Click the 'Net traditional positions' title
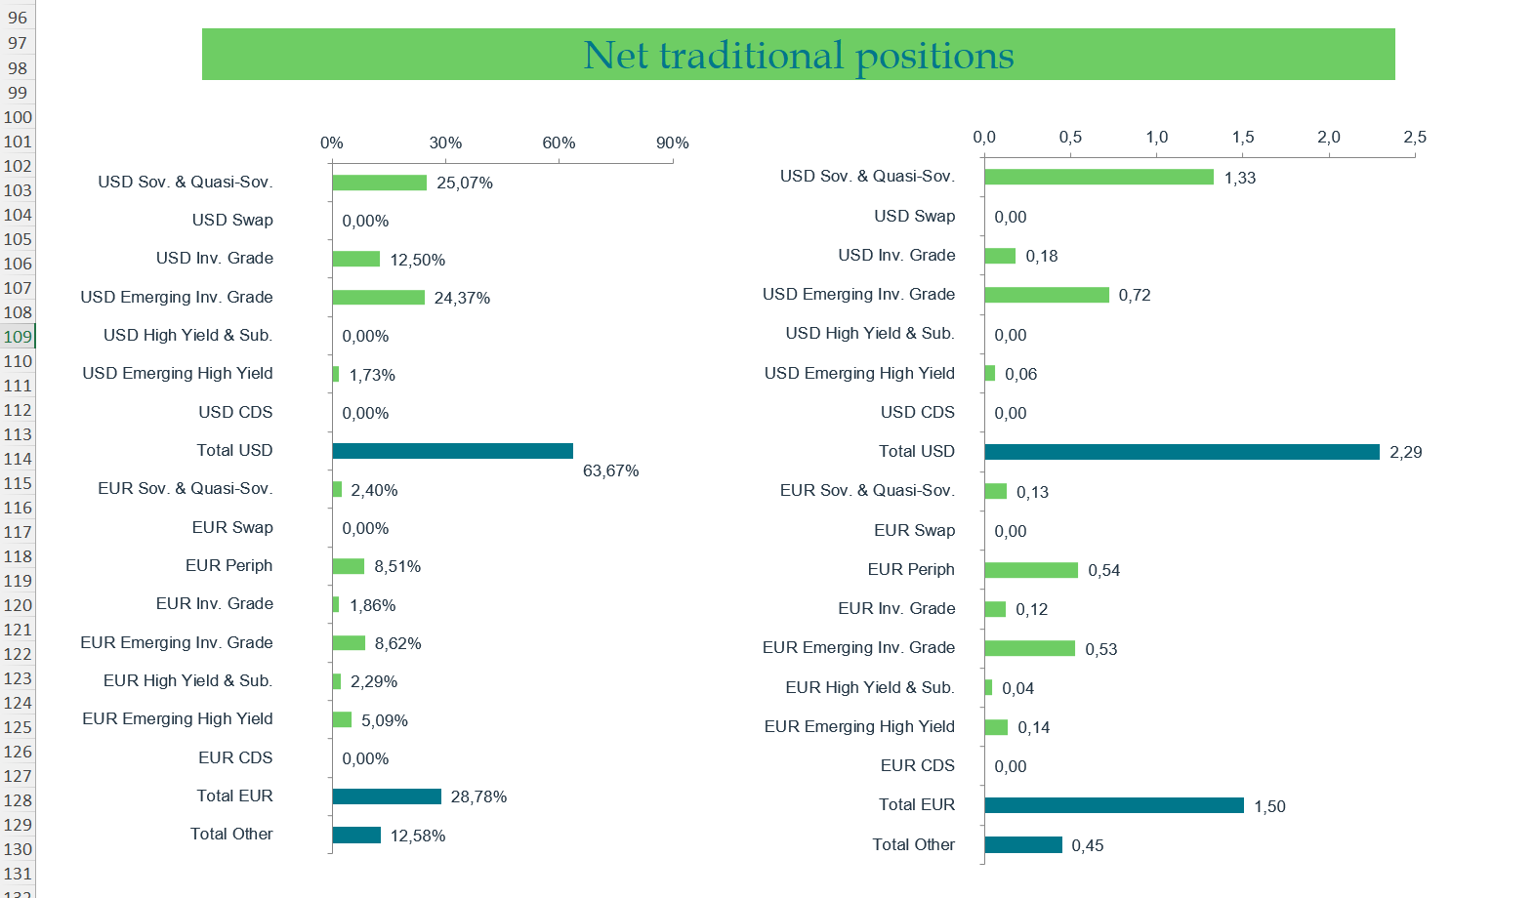[x=798, y=55]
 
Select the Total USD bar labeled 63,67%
[x=452, y=451]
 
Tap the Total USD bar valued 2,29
[x=1182, y=452]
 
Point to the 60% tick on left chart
[x=559, y=143]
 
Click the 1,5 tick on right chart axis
[x=1242, y=138]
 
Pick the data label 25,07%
[x=464, y=184]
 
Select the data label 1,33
[x=1239, y=179]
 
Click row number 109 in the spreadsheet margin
[x=18, y=337]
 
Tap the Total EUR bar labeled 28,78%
[x=387, y=796]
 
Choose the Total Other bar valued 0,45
[x=1022, y=845]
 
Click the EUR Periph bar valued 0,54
[x=1031, y=570]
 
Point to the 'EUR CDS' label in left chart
[x=235, y=757]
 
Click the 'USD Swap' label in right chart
[x=914, y=216]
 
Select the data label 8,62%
[x=397, y=644]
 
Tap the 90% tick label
[x=672, y=143]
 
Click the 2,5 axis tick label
[x=1414, y=138]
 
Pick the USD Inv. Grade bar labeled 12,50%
[x=355, y=259]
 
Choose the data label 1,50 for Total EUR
[x=1269, y=807]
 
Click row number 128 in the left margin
[x=18, y=800]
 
